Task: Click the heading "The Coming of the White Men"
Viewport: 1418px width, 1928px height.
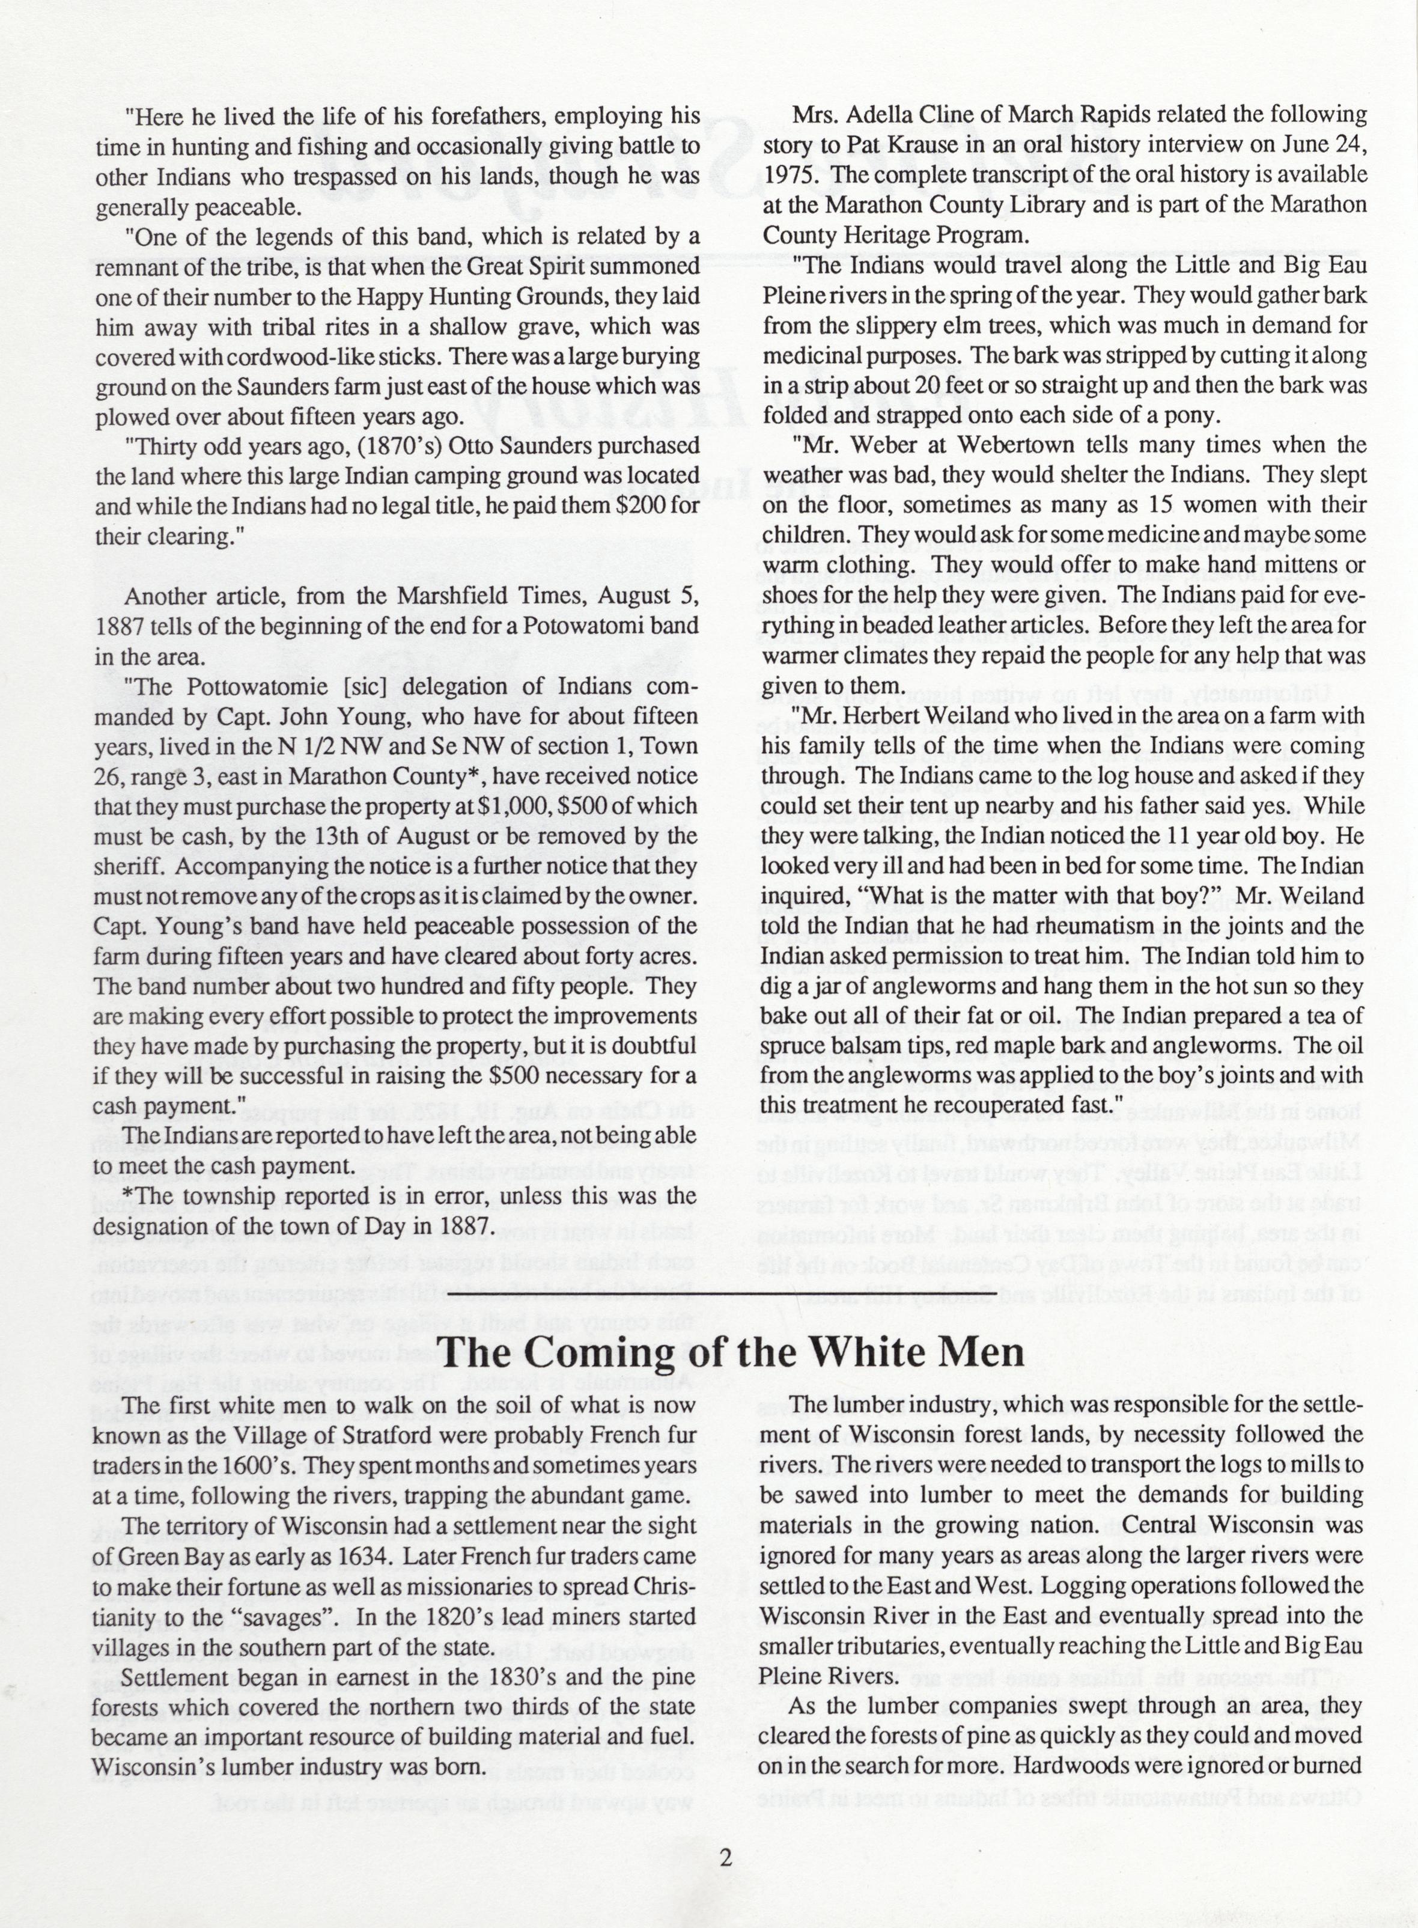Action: [732, 1352]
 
